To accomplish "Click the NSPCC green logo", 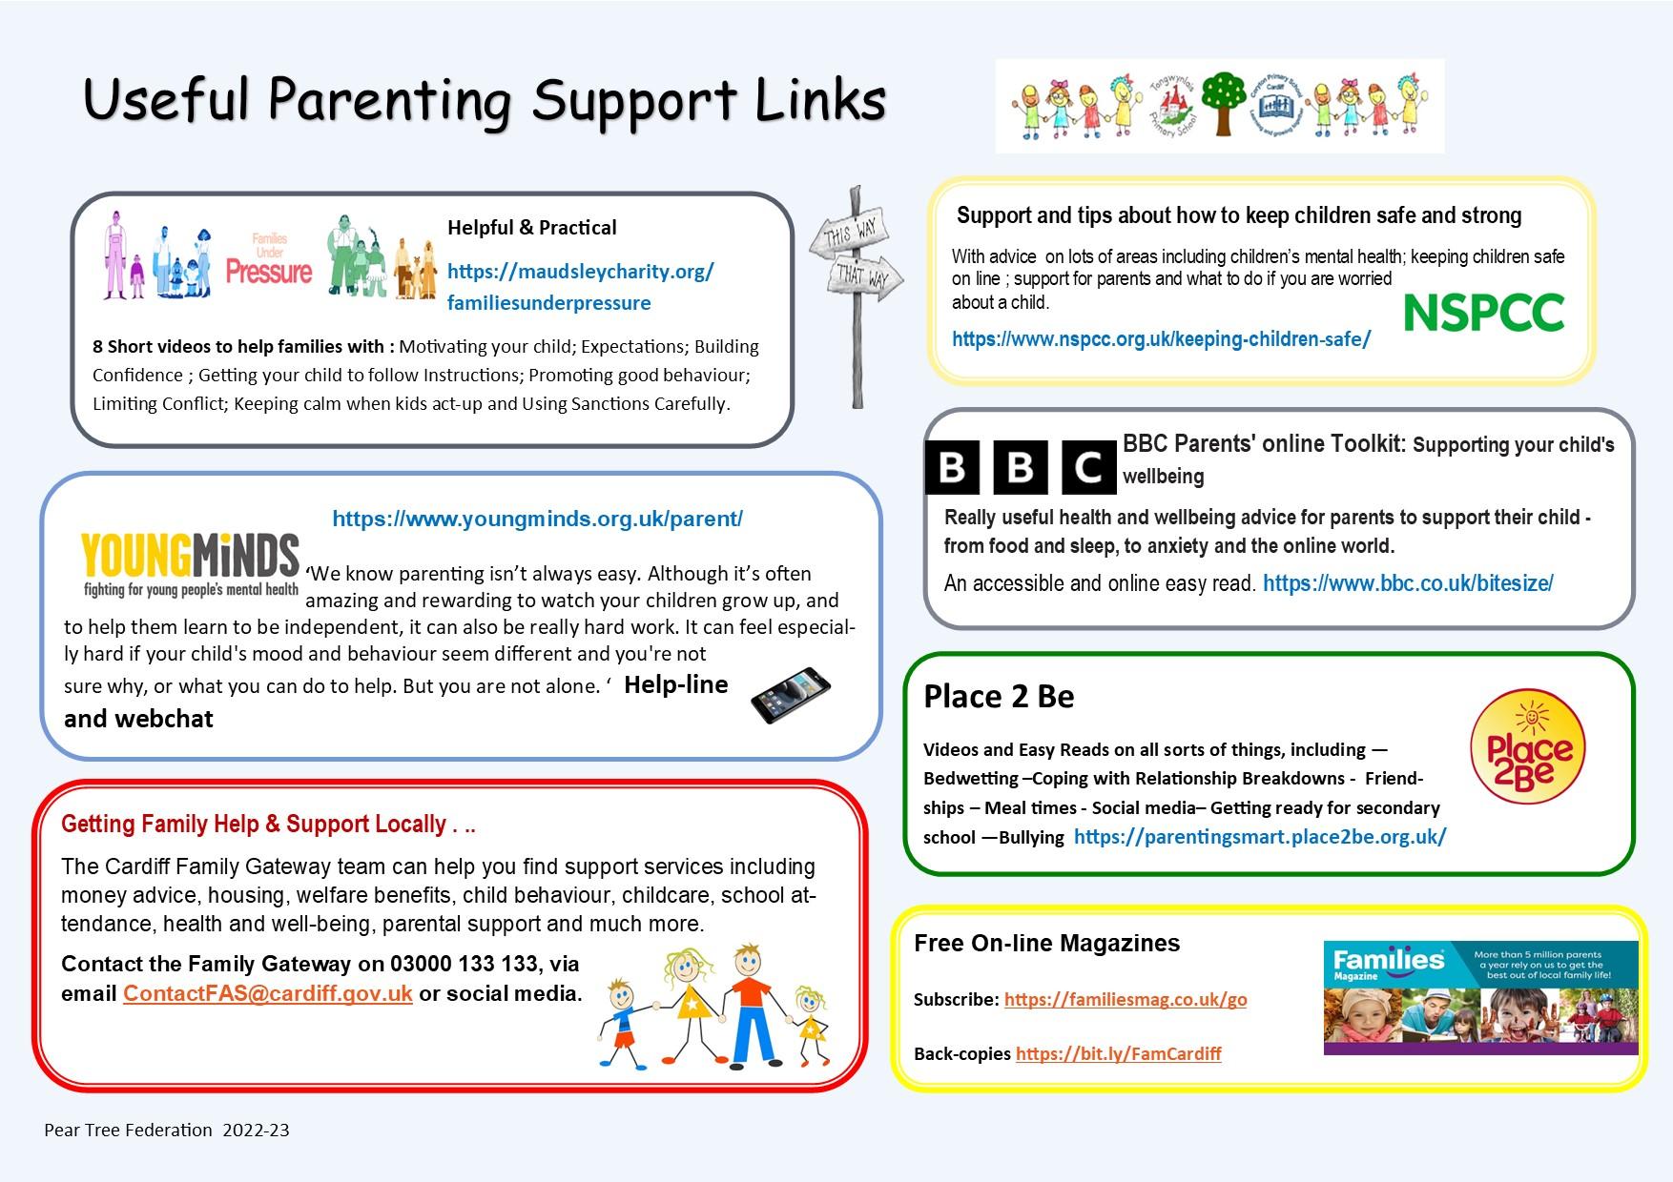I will pos(1484,313).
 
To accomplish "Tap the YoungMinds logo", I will pos(191,565).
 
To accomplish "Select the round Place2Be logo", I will pos(1527,746).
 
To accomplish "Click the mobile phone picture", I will pos(791,695).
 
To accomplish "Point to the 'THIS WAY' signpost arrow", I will pos(849,233).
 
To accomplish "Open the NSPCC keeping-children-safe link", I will pos(1161,339).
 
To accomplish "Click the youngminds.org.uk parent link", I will pos(537,520).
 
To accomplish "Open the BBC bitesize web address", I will pos(1408,583).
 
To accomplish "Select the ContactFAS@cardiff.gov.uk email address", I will pos(268,993).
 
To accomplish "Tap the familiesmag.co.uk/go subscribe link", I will pos(1126,999).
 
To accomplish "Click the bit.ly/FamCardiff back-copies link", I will pos(1118,1053).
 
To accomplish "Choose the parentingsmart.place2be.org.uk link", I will pos(1260,837).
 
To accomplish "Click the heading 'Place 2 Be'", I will pos(999,697).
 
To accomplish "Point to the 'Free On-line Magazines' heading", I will pos(1046,944).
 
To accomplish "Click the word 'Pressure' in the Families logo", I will pos(269,273).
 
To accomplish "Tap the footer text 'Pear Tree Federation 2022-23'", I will pos(167,1131).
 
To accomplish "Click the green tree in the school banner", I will pos(1224,98).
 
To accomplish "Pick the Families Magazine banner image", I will pos(1480,997).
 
